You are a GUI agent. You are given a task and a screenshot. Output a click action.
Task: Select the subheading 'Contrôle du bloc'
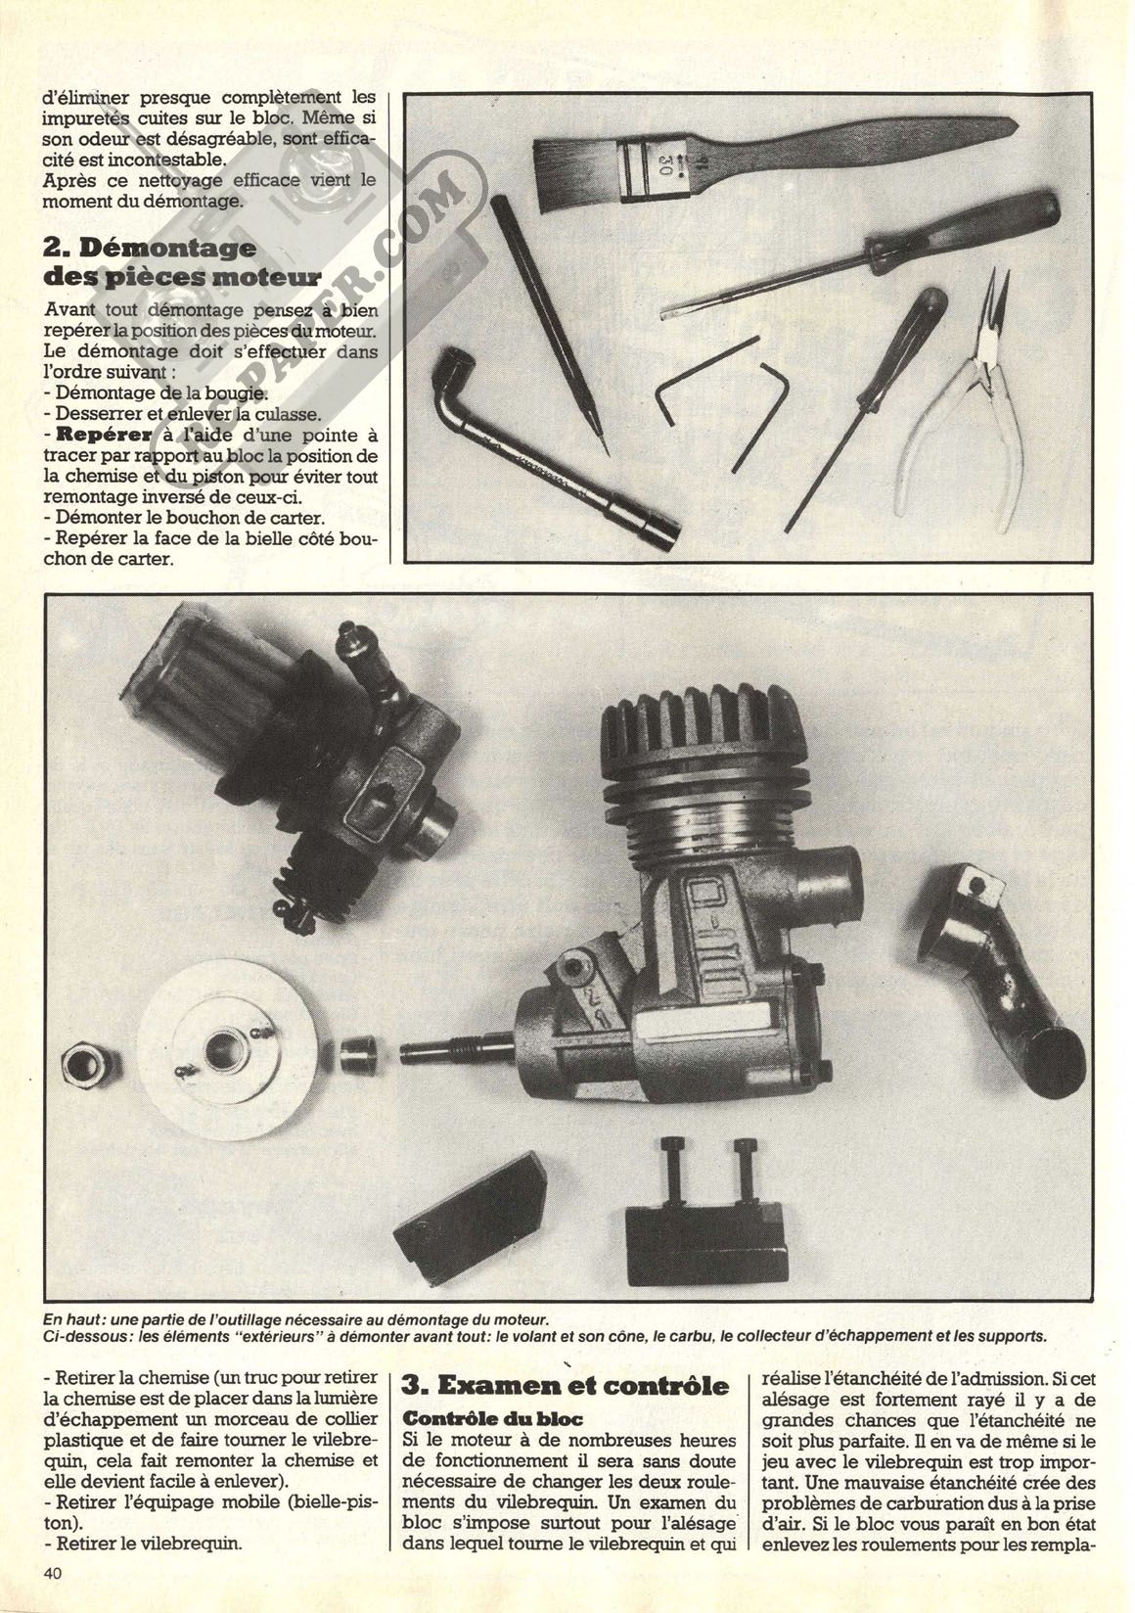click(493, 1418)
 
